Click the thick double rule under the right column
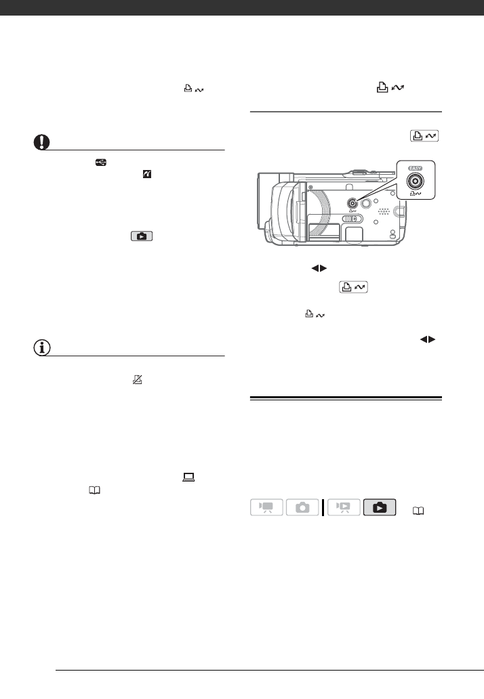[346, 398]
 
